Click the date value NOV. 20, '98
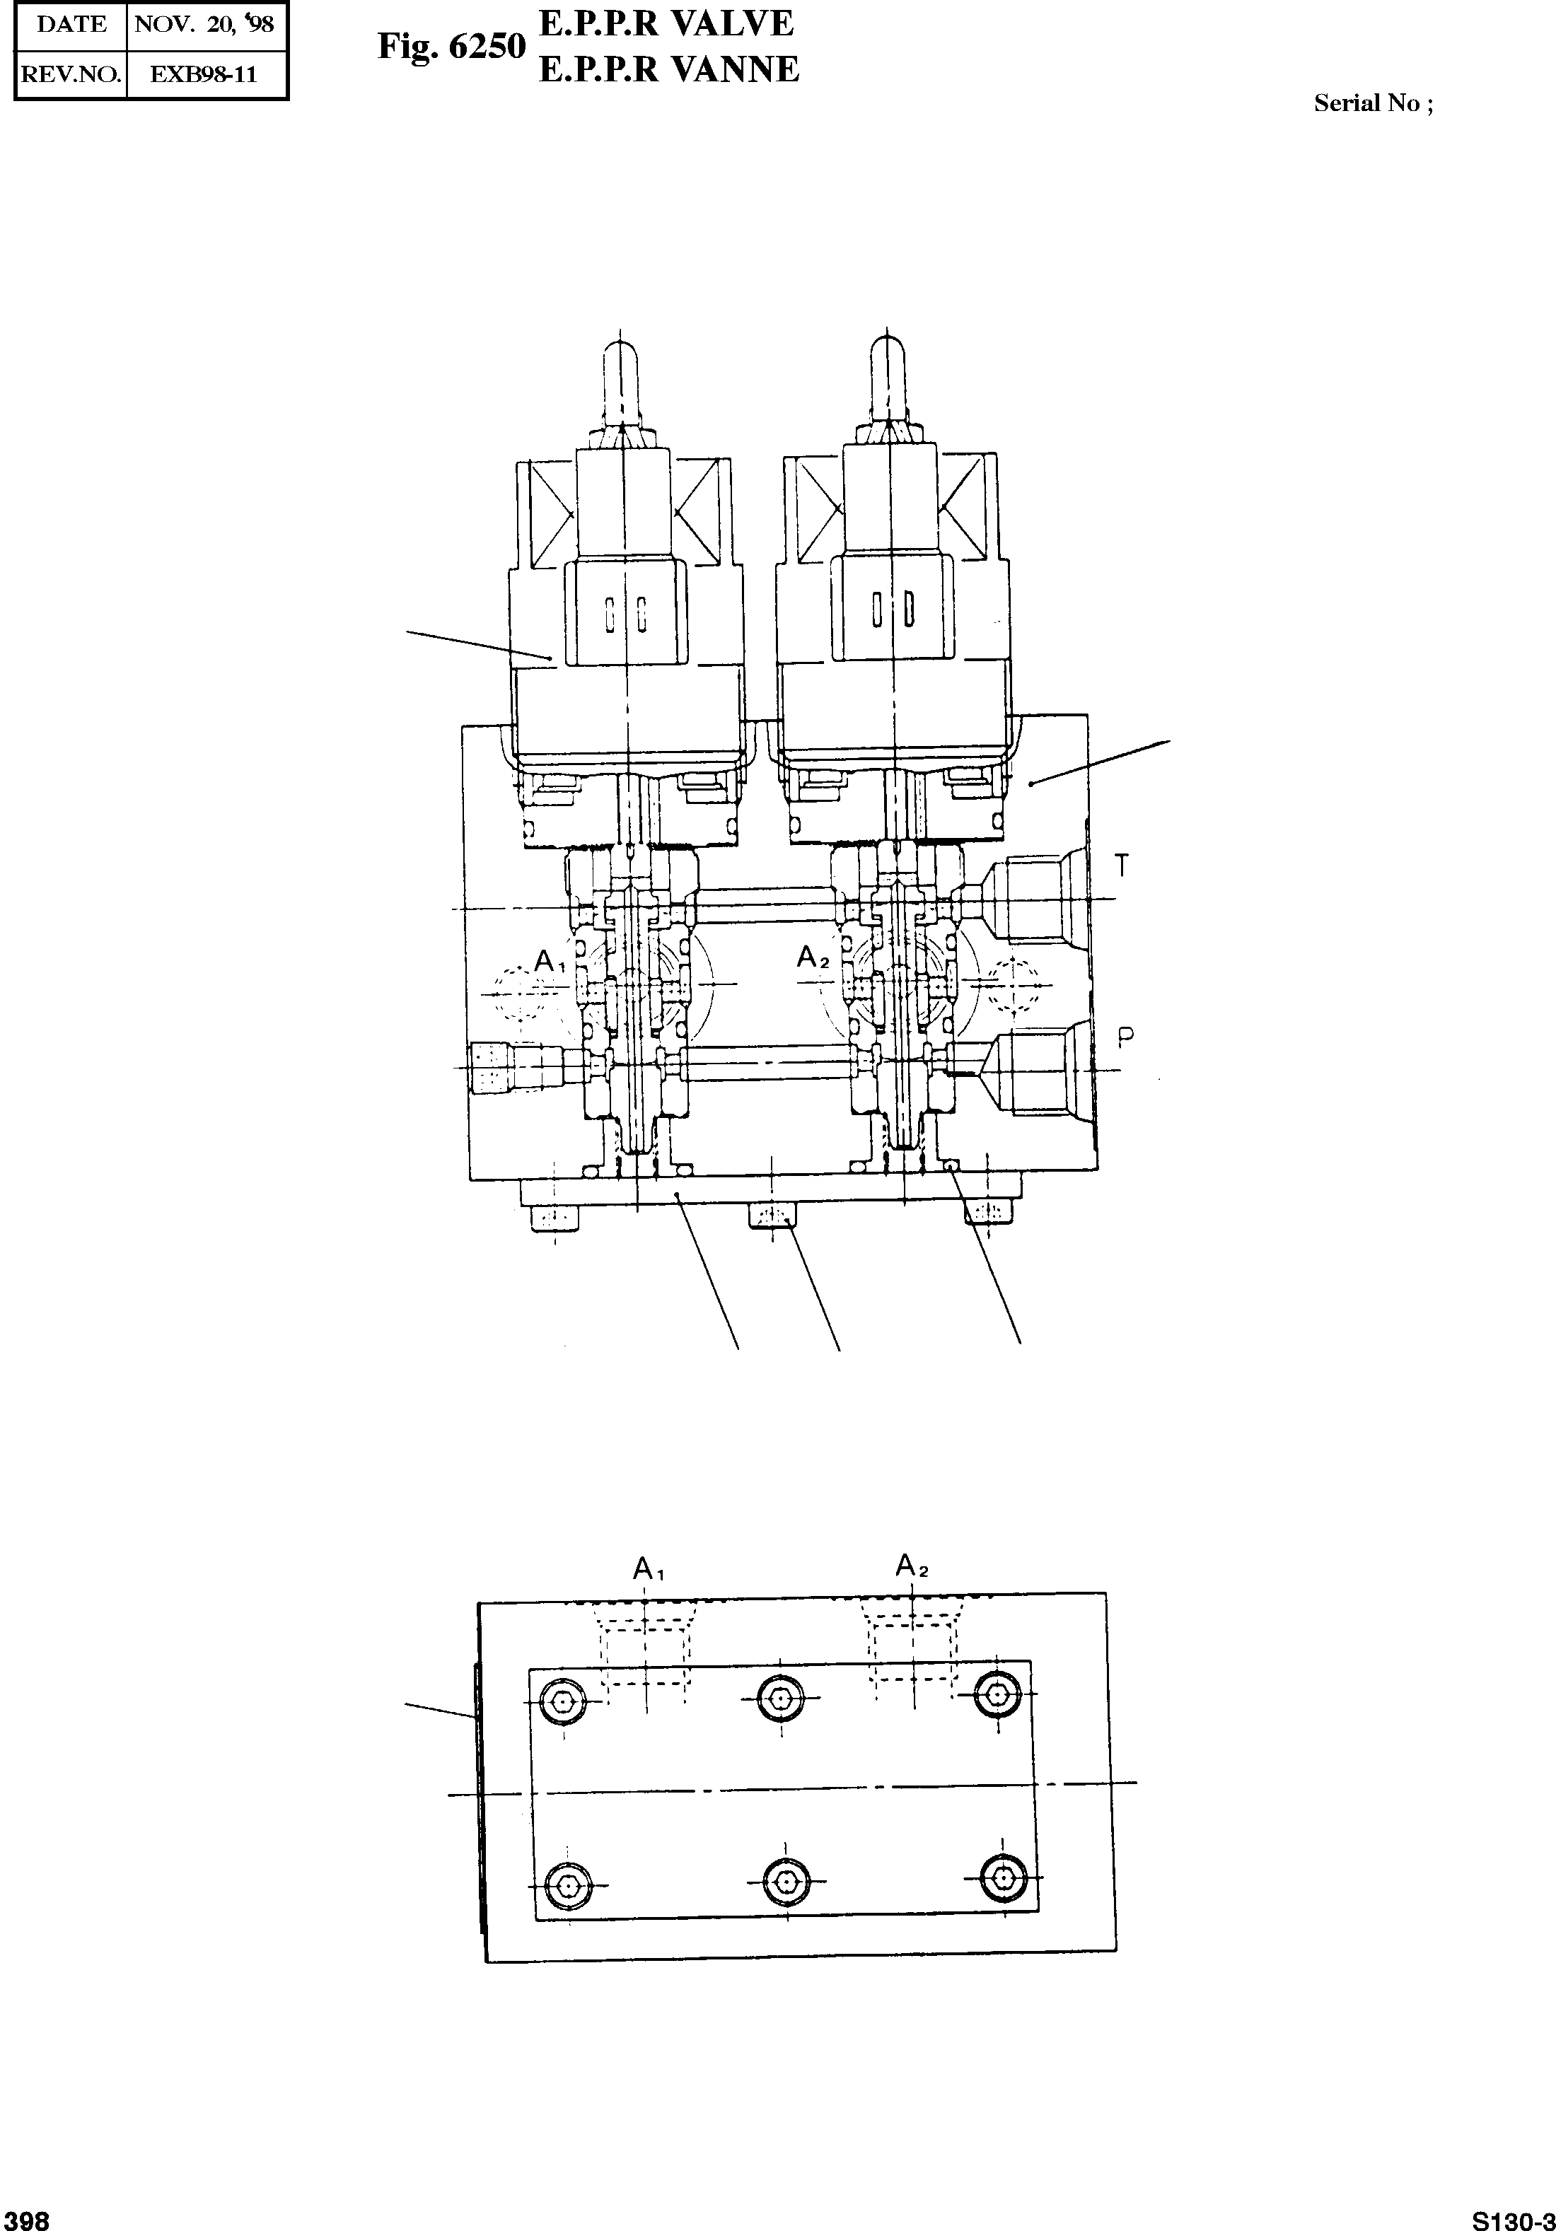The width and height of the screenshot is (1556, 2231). (x=204, y=24)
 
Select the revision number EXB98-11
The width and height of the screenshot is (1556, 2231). (x=204, y=74)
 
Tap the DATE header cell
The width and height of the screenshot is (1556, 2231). (x=71, y=24)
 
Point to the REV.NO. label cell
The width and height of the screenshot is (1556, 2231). (x=71, y=74)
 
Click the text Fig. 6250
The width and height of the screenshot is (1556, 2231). (x=451, y=46)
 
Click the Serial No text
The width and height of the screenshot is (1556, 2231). (x=1372, y=104)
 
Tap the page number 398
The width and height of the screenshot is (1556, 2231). (x=26, y=2218)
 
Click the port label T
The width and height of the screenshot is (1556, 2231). (x=1122, y=865)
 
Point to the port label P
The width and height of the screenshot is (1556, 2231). (x=1125, y=1039)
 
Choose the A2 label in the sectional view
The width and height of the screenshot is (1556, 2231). (x=813, y=958)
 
